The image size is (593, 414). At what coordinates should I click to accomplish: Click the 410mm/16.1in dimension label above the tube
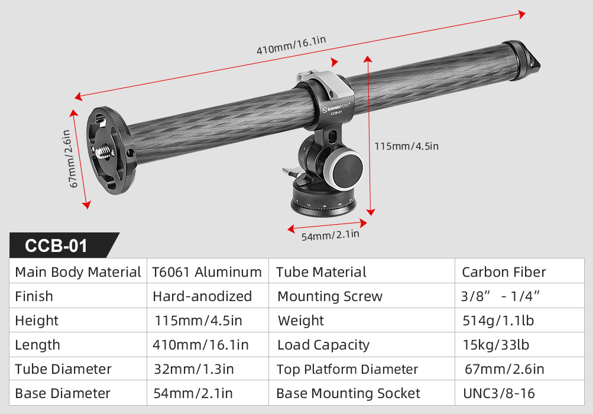(291, 46)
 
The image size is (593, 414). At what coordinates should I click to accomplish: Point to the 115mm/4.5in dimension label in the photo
(407, 146)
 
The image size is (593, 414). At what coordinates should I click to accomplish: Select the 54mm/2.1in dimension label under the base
(330, 235)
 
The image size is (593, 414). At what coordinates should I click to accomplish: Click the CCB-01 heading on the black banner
(56, 245)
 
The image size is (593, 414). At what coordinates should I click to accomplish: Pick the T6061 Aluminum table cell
(207, 271)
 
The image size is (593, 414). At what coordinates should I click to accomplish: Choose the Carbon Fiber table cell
(504, 271)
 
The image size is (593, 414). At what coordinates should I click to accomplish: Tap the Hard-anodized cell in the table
(202, 296)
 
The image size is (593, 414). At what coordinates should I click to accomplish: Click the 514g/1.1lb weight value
(498, 321)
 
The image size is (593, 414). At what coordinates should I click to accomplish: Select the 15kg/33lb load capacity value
(496, 345)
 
